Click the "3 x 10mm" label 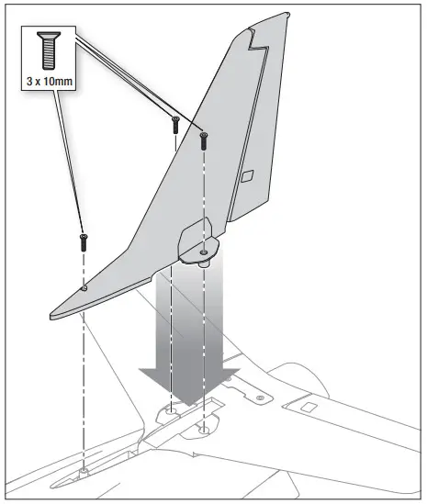pos(46,78)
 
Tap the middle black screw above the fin pos(174,124)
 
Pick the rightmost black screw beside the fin pos(203,140)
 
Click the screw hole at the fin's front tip pos(84,288)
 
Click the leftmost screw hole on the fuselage pos(84,470)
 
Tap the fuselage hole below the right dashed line pos(203,426)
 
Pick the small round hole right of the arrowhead pos(261,397)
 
